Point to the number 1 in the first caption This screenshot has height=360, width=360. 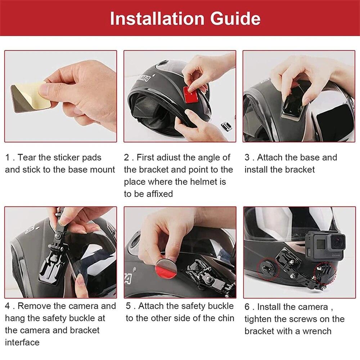(x=8, y=158)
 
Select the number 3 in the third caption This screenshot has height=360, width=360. (x=247, y=158)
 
